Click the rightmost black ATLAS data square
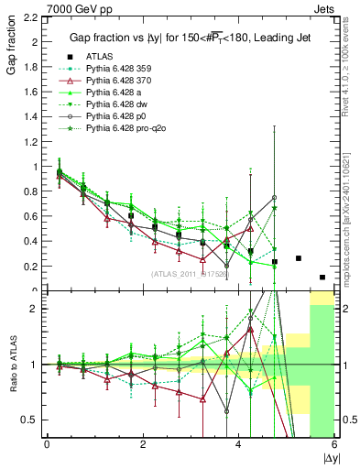pos(322,277)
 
